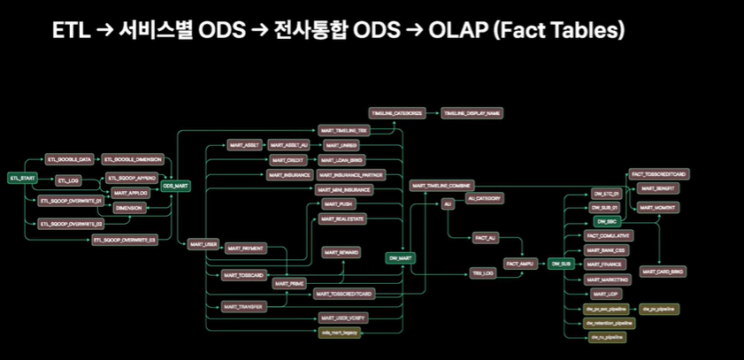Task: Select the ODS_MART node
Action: (x=176, y=186)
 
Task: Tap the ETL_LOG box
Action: (x=68, y=180)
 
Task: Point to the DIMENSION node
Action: (x=130, y=208)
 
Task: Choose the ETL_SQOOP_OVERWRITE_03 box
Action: (x=125, y=240)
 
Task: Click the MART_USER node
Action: (x=204, y=243)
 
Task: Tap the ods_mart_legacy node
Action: (x=341, y=333)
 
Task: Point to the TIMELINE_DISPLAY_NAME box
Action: (x=473, y=114)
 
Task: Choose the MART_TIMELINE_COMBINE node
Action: (x=441, y=186)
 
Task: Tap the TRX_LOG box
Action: (x=483, y=274)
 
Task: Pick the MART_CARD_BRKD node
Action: (x=659, y=272)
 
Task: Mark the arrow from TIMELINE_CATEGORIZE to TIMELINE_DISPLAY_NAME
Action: (x=435, y=114)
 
